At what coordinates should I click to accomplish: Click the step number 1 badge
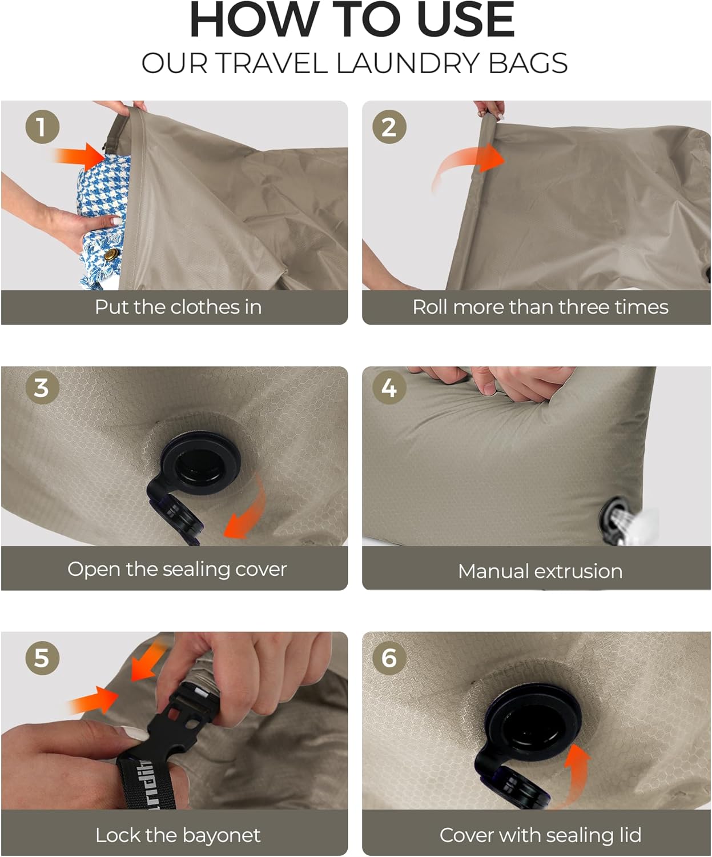[x=42, y=127]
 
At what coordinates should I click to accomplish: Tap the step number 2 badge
[x=389, y=127]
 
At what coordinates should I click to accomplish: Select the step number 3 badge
[x=42, y=388]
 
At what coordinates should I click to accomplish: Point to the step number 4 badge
[x=389, y=388]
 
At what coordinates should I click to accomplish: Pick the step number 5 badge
[x=42, y=658]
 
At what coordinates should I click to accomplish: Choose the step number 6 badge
[x=389, y=658]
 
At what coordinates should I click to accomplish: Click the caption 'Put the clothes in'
[x=178, y=307]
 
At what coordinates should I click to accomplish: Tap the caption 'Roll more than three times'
[x=540, y=307]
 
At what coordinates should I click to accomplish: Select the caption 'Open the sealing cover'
[x=177, y=569]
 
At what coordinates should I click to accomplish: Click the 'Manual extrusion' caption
[x=540, y=571]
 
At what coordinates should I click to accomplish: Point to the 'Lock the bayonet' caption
[x=178, y=835]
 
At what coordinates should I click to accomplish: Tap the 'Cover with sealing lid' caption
[x=540, y=835]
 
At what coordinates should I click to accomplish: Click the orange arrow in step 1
[x=80, y=156]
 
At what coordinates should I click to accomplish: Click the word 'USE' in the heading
[x=465, y=21]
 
